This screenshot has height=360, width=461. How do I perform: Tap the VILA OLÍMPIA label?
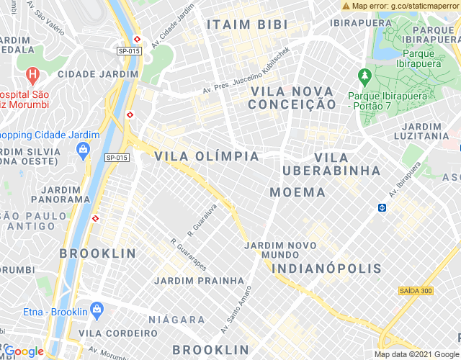click(x=207, y=156)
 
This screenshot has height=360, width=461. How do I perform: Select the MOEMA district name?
click(x=297, y=192)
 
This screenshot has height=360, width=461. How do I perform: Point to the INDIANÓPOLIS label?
click(x=326, y=269)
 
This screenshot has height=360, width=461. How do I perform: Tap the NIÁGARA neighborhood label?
click(x=176, y=319)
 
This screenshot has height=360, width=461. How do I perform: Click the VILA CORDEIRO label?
click(x=117, y=333)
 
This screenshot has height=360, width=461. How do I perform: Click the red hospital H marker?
click(x=32, y=74)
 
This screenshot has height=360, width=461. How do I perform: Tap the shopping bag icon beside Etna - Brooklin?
click(x=97, y=311)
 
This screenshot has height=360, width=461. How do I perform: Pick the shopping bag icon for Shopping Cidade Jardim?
click(x=82, y=149)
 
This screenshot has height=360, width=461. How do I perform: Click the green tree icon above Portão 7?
click(x=364, y=75)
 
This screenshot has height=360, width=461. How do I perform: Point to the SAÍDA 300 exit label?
click(x=415, y=291)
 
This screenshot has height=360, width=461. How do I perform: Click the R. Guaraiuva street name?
click(x=202, y=220)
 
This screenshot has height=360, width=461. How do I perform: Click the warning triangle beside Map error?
click(x=346, y=6)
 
